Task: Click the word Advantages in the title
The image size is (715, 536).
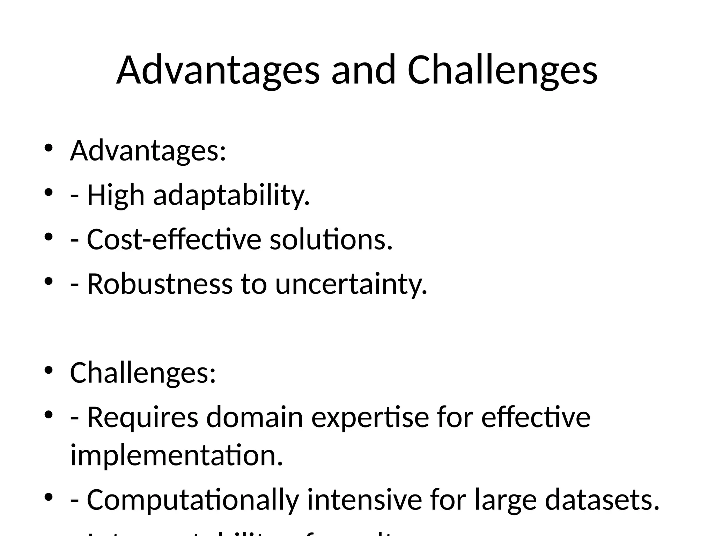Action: (218, 70)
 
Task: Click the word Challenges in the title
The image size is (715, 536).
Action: (502, 70)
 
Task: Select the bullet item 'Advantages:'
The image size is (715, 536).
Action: (148, 151)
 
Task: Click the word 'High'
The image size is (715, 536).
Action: (116, 195)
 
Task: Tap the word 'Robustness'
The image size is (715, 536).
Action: (160, 284)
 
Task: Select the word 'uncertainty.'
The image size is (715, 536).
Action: (351, 285)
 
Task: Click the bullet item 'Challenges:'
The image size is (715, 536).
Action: (143, 373)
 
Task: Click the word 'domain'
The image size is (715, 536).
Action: (255, 417)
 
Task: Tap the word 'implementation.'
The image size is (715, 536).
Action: (176, 455)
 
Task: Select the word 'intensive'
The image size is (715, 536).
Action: (364, 500)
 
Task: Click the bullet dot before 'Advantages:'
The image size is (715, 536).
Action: (48, 148)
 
